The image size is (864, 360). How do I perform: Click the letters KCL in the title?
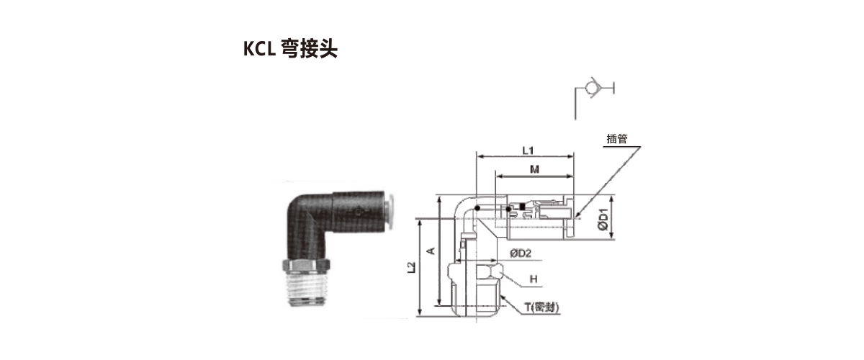point(259,49)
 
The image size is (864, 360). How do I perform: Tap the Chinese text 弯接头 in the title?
point(309,49)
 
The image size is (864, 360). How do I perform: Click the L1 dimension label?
point(528,150)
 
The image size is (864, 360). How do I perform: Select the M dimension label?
point(534,169)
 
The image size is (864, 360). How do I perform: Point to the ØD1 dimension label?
point(603,219)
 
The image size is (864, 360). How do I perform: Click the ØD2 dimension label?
point(521,253)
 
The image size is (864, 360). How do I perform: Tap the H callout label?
point(534,279)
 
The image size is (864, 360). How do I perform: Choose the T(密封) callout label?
point(541,307)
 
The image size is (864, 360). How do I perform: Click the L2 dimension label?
point(412,267)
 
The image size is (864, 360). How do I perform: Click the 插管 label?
point(617,139)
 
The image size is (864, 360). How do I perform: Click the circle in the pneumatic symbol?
point(590,88)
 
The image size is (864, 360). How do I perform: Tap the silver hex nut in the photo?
point(306,266)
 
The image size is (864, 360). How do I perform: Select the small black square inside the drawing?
point(522,207)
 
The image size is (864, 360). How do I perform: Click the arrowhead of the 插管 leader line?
point(577,215)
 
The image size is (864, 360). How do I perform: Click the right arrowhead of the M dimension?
point(570,176)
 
